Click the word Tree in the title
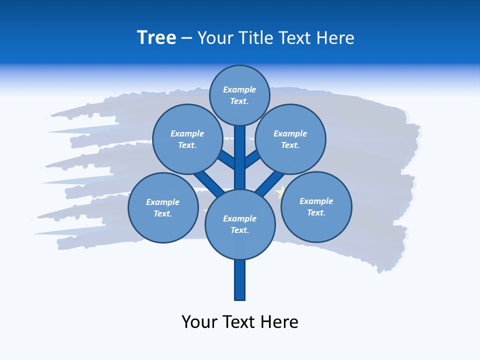(156, 38)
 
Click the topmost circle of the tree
(239, 95)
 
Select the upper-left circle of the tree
(187, 139)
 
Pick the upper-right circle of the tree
(290, 139)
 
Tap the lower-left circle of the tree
(163, 208)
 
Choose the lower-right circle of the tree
(316, 207)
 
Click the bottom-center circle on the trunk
(240, 224)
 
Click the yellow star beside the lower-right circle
(281, 191)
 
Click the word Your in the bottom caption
(199, 322)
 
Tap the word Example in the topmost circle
(239, 90)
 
